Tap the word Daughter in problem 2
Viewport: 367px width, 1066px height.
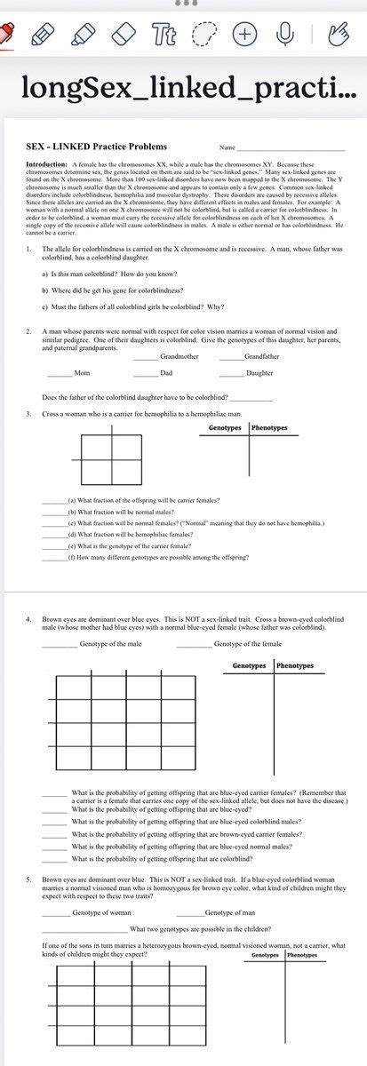(259, 373)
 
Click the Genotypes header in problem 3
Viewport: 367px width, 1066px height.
(226, 428)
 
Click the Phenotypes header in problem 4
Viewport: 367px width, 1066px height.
(294, 640)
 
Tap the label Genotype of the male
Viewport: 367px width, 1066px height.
(110, 619)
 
